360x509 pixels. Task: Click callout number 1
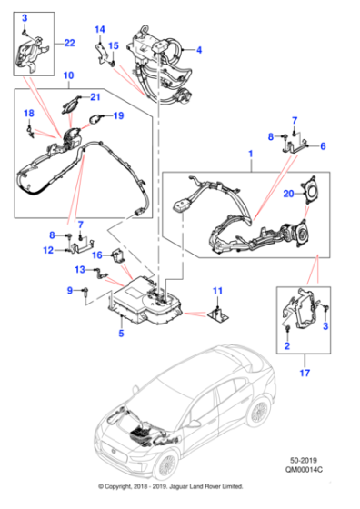coord(249,156)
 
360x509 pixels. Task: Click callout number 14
coord(100,30)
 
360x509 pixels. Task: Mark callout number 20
coord(288,193)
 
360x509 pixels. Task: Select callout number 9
coord(68,291)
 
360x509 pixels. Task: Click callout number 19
coord(117,116)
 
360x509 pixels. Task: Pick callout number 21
coord(94,96)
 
